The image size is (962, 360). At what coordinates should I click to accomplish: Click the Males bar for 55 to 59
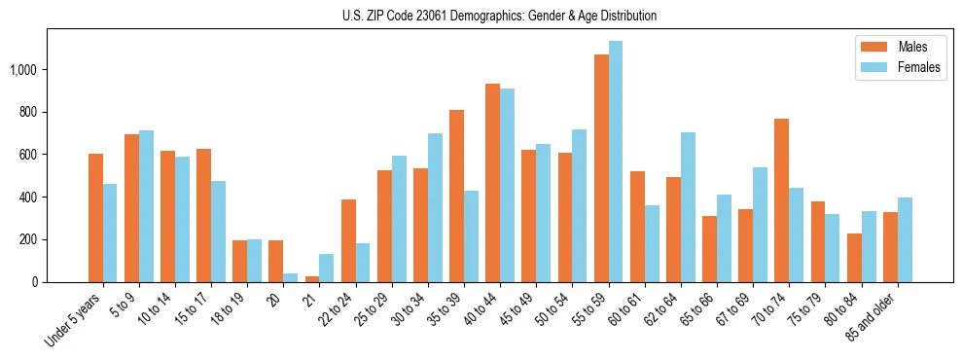[601, 168]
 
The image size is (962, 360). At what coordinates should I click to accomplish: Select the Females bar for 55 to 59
[616, 162]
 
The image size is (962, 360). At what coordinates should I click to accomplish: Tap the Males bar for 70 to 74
[781, 200]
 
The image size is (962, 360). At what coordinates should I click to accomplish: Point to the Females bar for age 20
[291, 278]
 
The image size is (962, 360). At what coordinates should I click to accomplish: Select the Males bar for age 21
[312, 279]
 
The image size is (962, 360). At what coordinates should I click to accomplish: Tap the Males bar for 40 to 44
[493, 183]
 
